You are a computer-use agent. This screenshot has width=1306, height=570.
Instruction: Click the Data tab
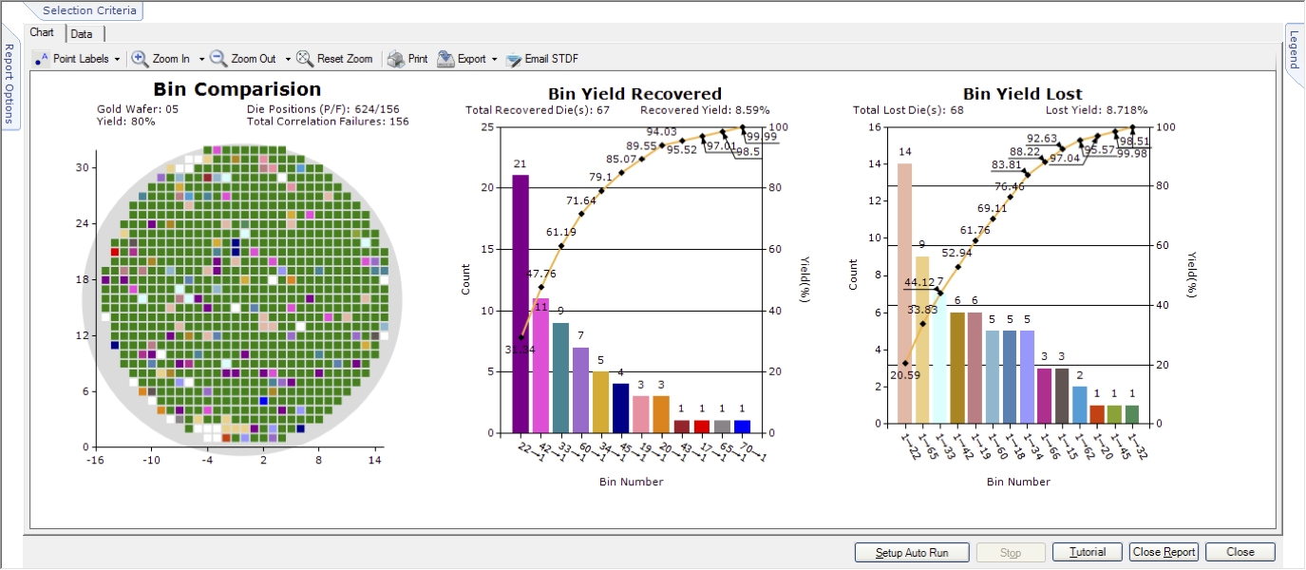coord(82,33)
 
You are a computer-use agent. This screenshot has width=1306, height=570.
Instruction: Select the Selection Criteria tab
coord(91,10)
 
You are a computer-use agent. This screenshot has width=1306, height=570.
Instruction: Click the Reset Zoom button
coord(334,59)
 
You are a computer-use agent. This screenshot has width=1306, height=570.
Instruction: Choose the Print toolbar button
coord(407,59)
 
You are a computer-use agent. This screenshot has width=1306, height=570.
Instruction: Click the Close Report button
coord(1164,552)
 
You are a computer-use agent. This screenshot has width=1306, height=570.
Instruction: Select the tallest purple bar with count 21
coord(521,304)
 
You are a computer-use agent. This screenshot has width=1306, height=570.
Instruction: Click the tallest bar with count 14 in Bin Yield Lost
coord(904,294)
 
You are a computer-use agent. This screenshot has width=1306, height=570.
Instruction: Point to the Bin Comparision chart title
coord(237,89)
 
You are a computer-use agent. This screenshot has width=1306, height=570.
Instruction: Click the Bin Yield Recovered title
coord(634,94)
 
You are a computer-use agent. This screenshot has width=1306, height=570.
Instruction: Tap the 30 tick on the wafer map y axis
coord(82,167)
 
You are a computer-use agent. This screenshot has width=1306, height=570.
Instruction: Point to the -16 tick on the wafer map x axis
coord(96,461)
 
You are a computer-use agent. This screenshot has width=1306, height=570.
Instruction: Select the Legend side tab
coord(1294,49)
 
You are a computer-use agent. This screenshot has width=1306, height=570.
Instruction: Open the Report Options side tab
coord(9,84)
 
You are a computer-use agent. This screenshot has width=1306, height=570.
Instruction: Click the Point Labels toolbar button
coord(78,59)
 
